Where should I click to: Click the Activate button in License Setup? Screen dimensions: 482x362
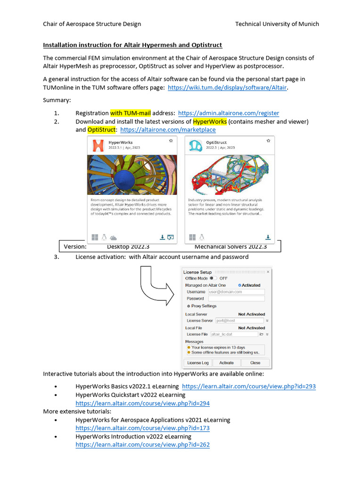tap(226, 363)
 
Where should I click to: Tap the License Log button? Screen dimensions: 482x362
tap(197, 363)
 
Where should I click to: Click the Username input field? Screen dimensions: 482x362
tap(236, 292)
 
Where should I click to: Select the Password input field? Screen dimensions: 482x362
tap(236, 298)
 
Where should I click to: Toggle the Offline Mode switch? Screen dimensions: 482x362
tap(213, 278)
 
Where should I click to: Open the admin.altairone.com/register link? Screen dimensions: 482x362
tap(228, 113)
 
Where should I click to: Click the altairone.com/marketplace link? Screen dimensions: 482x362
tap(168, 129)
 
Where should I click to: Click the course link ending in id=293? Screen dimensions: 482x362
tap(248, 386)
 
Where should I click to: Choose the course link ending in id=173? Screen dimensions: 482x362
tap(142, 428)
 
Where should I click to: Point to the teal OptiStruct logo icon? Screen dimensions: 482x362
tap(195, 145)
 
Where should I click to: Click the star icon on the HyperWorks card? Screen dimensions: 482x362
tap(170, 141)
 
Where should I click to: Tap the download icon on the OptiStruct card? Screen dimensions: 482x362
tap(268, 237)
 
